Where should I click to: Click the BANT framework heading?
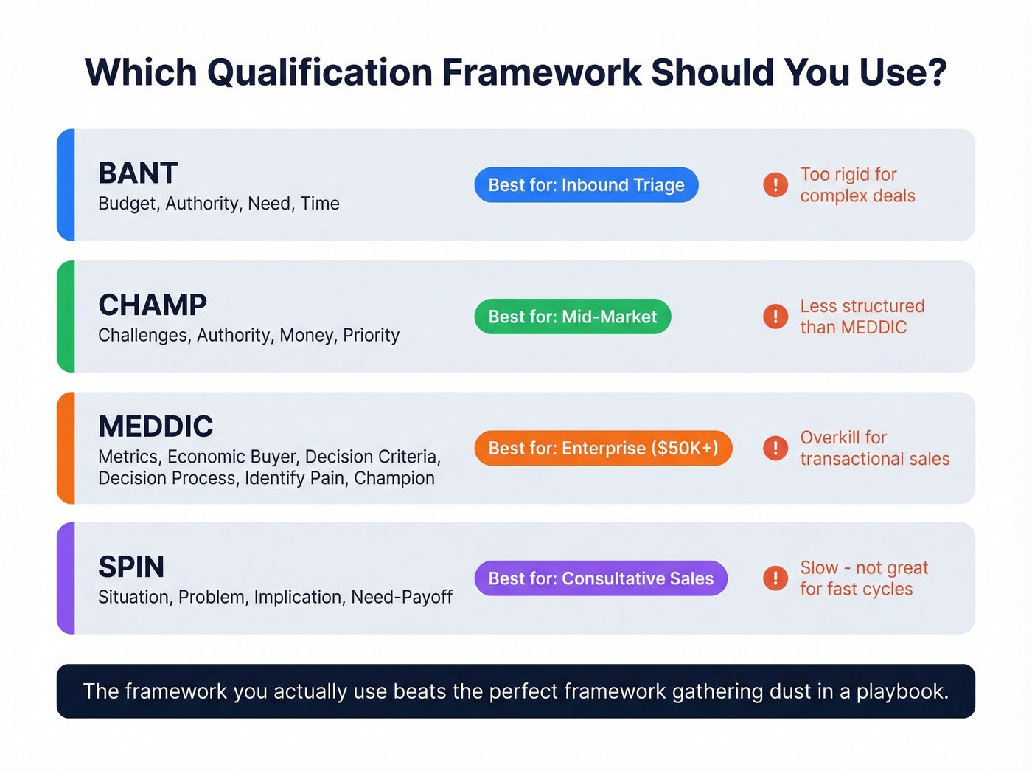tap(138, 173)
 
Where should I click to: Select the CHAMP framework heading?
tap(153, 305)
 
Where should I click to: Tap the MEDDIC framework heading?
tap(156, 426)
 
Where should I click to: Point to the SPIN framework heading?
tap(131, 567)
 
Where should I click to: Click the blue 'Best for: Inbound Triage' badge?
tap(586, 185)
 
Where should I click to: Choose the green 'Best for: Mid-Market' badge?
tap(572, 317)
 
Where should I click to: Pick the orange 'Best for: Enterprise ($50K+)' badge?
tap(603, 448)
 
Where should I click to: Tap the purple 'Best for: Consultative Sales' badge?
tap(601, 578)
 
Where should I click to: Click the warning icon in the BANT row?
tap(775, 184)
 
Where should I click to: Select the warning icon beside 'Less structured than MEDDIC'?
tap(775, 317)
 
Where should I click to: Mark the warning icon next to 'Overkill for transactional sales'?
tap(775, 448)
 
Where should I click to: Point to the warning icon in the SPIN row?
tap(775, 578)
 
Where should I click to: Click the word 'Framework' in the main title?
tap(542, 72)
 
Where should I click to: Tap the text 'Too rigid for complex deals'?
tap(857, 185)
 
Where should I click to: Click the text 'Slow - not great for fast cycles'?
tap(863, 578)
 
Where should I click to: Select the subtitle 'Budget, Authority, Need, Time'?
tap(219, 204)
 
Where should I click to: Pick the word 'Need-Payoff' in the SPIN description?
tap(401, 597)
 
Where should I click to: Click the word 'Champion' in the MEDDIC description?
tap(394, 478)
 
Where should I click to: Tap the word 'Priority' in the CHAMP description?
tap(371, 335)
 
